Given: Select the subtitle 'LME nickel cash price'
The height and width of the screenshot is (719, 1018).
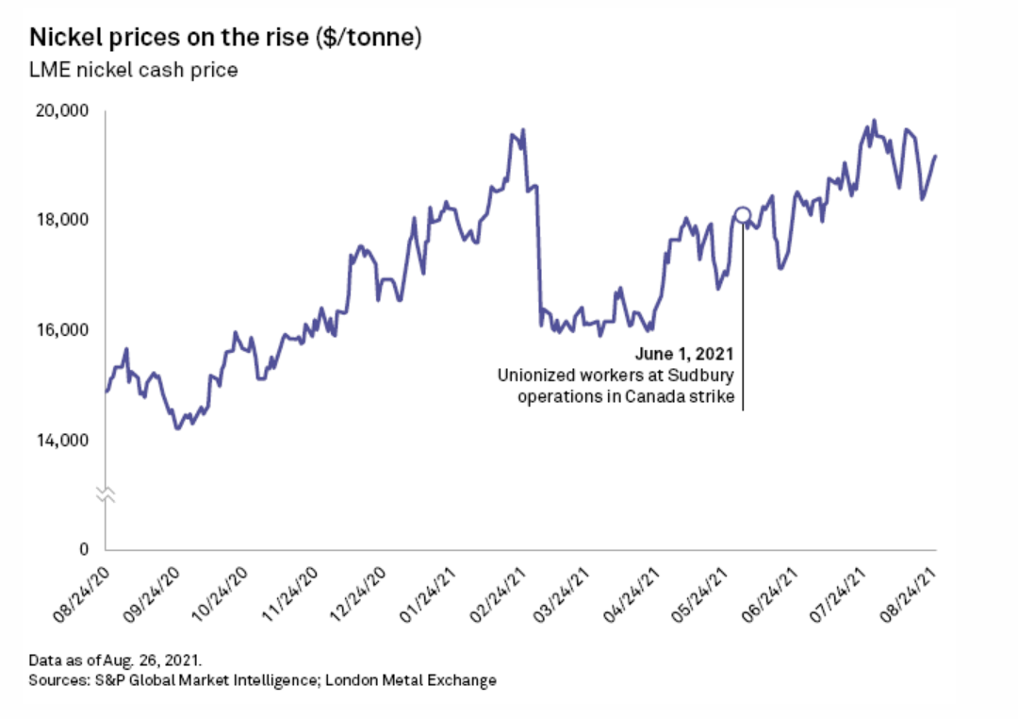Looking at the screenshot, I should pyautogui.click(x=133, y=71).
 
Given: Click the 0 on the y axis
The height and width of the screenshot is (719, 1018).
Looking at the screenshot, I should pyautogui.click(x=83, y=549).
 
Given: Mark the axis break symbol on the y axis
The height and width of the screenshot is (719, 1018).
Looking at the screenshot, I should pyautogui.click(x=106, y=494).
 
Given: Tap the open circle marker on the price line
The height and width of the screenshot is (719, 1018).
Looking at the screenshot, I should pyautogui.click(x=743, y=215).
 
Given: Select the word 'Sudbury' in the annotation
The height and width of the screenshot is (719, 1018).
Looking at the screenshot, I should pyautogui.click(x=702, y=376).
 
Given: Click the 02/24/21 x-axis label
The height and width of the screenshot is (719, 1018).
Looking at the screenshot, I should pyautogui.click(x=500, y=591).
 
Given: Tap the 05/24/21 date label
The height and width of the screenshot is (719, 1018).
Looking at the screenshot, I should pyautogui.click(x=707, y=591).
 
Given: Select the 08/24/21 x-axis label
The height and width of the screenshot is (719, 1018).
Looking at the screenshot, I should pyautogui.click(x=914, y=591).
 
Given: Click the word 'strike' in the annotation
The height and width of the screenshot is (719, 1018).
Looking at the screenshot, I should pyautogui.click(x=713, y=396).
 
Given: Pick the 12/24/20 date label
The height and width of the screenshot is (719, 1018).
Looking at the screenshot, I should pyautogui.click(x=361, y=591).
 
